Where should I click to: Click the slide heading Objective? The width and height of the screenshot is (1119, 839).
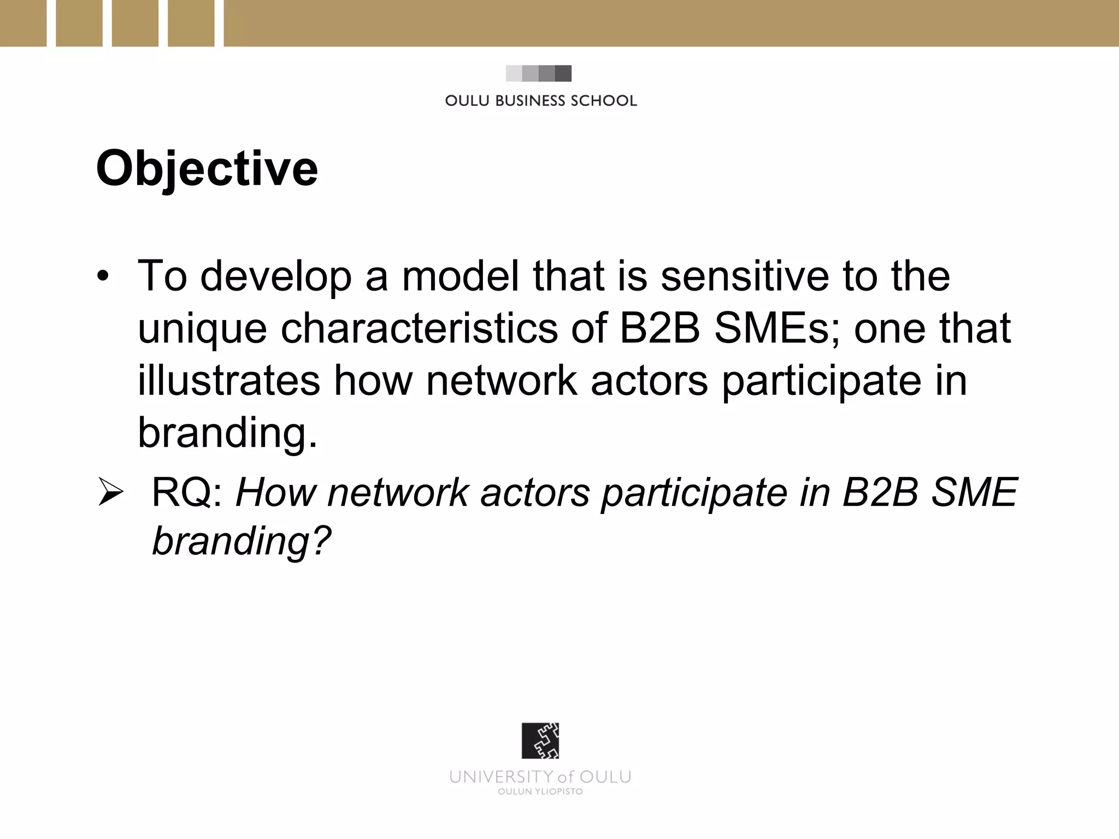click(207, 169)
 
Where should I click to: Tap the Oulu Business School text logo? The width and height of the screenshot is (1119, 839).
click(540, 101)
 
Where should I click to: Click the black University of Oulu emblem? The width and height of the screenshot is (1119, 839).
click(540, 741)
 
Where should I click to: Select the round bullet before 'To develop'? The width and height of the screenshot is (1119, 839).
click(102, 277)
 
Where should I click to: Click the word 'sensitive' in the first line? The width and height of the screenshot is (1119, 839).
click(745, 276)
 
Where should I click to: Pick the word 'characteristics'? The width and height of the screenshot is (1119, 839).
click(419, 328)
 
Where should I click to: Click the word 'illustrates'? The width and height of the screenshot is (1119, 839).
click(228, 380)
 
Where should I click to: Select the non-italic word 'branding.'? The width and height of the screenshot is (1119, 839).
click(227, 433)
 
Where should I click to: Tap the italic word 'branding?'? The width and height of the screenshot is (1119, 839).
click(242, 541)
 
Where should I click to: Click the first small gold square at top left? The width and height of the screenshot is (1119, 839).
click(23, 23)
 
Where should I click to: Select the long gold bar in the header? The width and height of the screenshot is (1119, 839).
click(671, 23)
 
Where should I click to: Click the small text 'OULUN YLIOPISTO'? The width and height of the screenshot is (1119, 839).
click(540, 791)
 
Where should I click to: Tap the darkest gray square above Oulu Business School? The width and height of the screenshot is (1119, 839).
click(563, 73)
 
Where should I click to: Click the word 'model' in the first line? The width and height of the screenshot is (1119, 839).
click(460, 276)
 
